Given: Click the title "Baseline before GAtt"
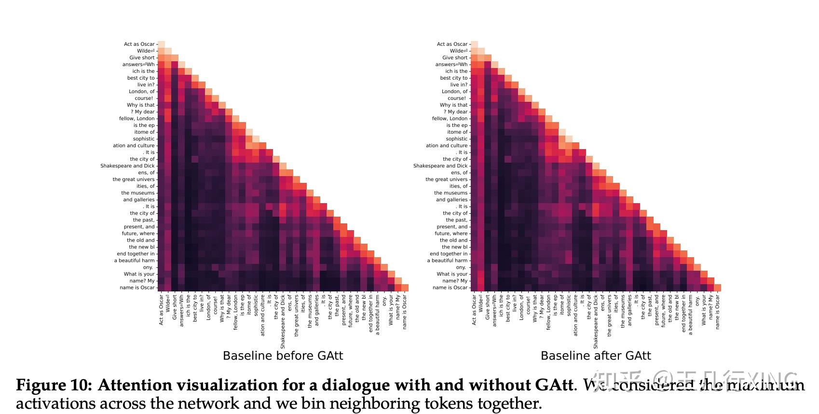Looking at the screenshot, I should point(283,356).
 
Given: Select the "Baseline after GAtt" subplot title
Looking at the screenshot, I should point(596,356).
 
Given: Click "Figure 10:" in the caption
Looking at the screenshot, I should point(54,386).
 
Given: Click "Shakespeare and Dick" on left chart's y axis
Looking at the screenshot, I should point(127,166).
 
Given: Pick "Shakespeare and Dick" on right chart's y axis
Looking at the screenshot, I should point(440,166).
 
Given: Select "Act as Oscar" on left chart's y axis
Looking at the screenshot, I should point(139,44).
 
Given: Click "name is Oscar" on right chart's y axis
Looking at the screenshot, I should point(450,288).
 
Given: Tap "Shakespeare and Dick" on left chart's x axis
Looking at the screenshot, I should point(283,322).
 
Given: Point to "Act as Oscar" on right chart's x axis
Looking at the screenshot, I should point(474,310).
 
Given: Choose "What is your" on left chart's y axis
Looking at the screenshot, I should point(139,274).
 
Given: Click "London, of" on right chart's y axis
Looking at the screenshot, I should point(454,92).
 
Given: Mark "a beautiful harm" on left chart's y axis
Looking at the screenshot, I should point(135,261).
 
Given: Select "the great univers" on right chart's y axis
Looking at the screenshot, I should point(446,179).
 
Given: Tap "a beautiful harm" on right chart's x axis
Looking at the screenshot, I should point(690,315).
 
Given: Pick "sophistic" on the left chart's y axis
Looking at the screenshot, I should point(144,139).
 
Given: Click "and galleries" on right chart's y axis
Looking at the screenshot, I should point(452,200).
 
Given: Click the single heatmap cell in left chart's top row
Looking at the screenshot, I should point(161,44).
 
